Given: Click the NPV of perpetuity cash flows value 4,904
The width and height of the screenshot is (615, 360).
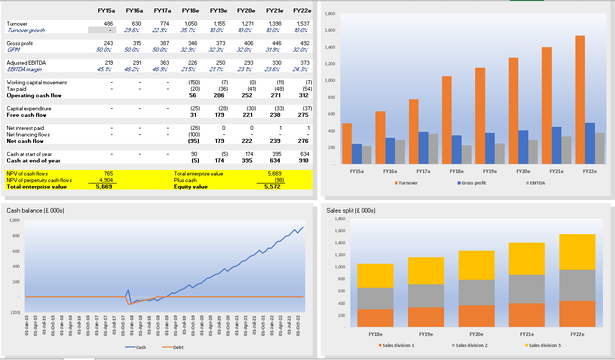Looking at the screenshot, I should point(105,180).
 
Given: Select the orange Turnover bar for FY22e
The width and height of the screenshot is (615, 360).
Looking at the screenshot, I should point(580,99).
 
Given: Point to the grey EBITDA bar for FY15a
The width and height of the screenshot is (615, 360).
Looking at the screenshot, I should point(366,154).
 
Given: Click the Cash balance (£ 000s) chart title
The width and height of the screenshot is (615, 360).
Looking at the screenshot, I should point(35,211).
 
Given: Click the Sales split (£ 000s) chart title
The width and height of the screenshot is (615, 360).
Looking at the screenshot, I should point(351,211).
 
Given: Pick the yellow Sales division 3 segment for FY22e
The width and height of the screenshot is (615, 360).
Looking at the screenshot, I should point(577,252).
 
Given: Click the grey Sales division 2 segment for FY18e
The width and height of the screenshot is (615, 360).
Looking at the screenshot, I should point(375,298).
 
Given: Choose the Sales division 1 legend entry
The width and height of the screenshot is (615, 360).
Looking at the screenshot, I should point(398,345).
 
